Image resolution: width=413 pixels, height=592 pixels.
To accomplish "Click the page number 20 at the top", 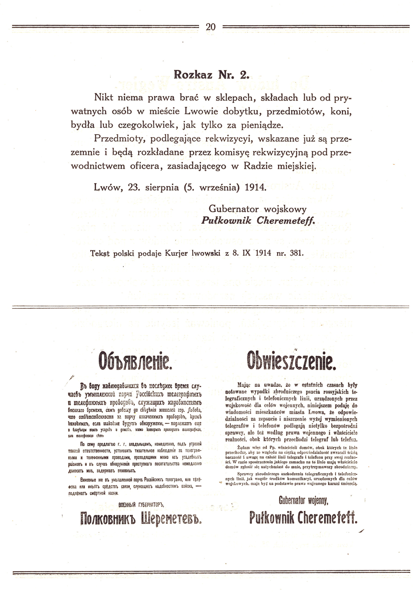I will (211, 27).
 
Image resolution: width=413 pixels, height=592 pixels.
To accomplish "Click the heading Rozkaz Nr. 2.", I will (211, 75).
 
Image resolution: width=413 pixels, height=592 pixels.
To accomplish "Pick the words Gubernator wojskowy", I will (257, 209).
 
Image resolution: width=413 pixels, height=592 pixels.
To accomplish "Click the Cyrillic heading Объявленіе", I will (135, 361).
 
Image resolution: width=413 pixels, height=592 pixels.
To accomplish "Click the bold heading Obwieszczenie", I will (291, 361).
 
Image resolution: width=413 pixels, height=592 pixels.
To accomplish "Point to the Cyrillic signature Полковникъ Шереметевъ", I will (141, 518).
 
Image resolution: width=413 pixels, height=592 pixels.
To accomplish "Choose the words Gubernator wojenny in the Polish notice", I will (303, 501).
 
